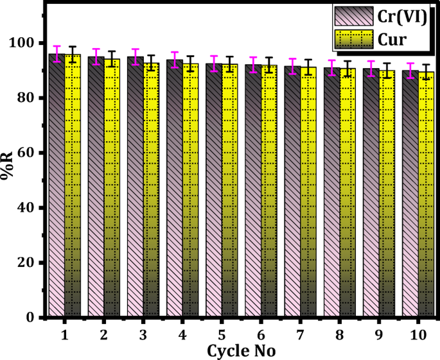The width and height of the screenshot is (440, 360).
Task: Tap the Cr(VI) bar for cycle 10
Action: pos(411,193)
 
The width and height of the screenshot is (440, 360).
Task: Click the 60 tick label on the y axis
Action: pos(29,153)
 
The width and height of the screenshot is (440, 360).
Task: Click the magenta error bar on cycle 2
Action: pos(96,56)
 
